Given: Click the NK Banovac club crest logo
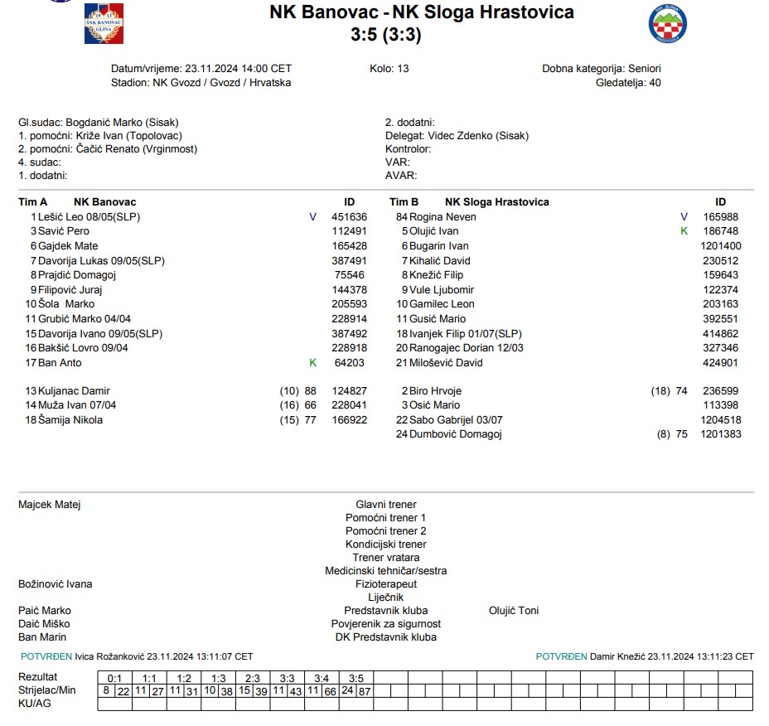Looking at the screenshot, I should pyautogui.click(x=104, y=23).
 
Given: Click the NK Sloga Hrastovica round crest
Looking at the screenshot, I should pyautogui.click(x=667, y=23).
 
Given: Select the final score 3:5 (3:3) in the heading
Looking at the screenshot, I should pyautogui.click(x=385, y=34).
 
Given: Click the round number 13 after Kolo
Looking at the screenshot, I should pyautogui.click(x=403, y=69).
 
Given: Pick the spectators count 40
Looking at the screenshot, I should pyautogui.click(x=655, y=83).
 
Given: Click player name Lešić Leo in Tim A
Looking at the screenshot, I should pyautogui.click(x=62, y=217).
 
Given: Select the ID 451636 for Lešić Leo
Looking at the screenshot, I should pyautogui.click(x=350, y=217).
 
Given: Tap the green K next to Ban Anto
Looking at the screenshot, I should pyautogui.click(x=312, y=363).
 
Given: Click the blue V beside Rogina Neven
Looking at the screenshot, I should pyautogui.click(x=684, y=217).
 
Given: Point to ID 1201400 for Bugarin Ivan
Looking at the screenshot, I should pyautogui.click(x=720, y=246).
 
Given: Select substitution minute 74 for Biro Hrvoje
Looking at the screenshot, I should pyautogui.click(x=681, y=391).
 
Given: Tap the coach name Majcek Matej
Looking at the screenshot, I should pyautogui.click(x=50, y=505).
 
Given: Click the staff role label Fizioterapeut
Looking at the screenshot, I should pyautogui.click(x=385, y=584).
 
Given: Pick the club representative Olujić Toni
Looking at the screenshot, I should pyautogui.click(x=514, y=611).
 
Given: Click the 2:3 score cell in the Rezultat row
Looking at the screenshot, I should pyautogui.click(x=253, y=678).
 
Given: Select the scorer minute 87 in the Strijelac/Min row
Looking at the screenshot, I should pyautogui.click(x=365, y=690).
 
